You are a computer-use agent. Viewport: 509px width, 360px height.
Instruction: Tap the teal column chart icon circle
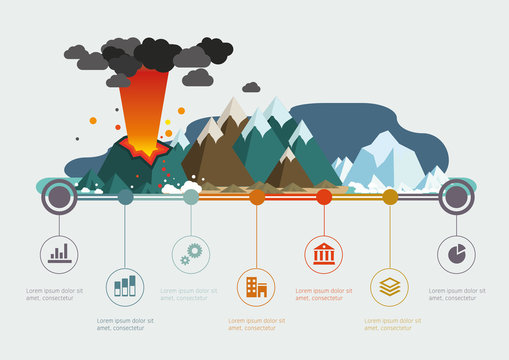point(125,286)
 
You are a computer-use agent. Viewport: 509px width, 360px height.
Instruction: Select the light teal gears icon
point(191,254)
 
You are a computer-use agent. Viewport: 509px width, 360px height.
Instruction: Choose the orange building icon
point(256,288)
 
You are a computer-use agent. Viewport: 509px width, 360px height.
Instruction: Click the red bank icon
point(324,254)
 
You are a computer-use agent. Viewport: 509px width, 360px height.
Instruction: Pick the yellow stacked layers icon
point(390,287)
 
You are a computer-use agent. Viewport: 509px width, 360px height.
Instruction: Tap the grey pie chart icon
point(457,254)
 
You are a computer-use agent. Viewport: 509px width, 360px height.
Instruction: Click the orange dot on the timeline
point(257,197)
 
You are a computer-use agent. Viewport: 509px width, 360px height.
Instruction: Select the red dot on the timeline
point(324,197)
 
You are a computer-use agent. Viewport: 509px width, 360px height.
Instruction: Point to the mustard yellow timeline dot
point(390,197)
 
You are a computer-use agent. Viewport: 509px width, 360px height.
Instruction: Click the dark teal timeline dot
point(125,197)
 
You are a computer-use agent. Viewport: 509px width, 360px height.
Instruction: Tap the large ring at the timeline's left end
point(59,196)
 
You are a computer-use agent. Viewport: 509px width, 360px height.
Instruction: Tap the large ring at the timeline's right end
point(457,196)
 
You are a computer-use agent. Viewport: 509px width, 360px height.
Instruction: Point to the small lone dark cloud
point(251,87)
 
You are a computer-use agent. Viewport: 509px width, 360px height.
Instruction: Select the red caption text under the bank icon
point(325,294)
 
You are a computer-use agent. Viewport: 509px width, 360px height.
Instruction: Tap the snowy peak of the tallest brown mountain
point(233,109)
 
